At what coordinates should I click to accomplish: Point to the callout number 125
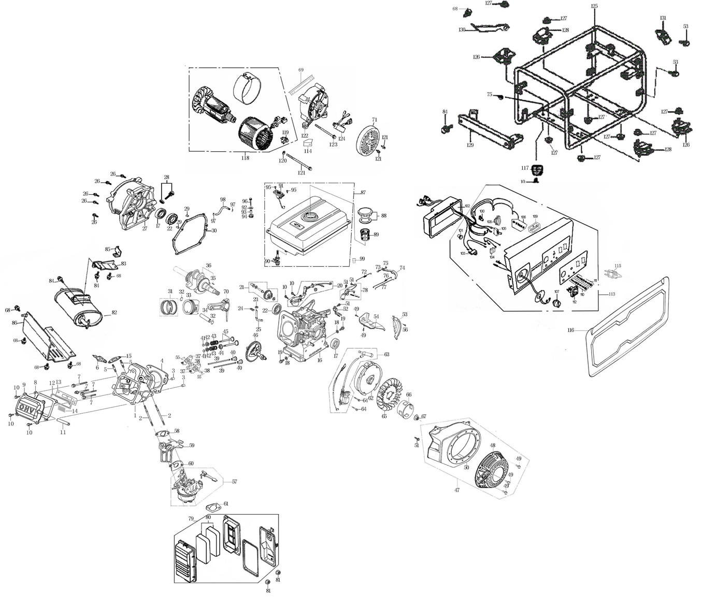coord(594,6)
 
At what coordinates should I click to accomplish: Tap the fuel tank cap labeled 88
coord(367,213)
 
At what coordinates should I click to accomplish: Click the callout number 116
coord(571,330)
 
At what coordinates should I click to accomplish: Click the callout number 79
coord(191,519)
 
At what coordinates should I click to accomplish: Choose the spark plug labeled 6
coord(98,359)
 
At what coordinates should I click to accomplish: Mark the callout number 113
coord(612,294)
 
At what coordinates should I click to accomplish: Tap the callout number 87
coord(363,193)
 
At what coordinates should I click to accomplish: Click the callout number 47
coord(456,490)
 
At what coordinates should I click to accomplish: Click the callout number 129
coord(470,145)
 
